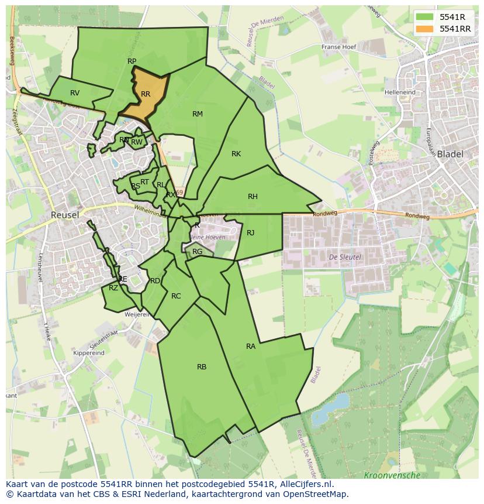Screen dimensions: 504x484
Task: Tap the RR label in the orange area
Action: coord(146,94)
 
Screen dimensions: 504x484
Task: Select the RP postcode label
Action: coord(132,61)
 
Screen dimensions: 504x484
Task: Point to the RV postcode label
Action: coord(75,93)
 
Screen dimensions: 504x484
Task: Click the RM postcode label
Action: coord(198,114)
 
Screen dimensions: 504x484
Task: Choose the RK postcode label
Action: coord(236,154)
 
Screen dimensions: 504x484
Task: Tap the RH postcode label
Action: coord(253,197)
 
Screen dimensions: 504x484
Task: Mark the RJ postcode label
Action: coord(251,233)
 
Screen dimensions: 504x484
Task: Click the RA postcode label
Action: coord(251,347)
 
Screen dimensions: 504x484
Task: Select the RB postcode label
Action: coord(202,367)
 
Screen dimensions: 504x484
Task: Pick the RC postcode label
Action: coord(176,296)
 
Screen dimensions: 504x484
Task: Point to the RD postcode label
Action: coord(155,281)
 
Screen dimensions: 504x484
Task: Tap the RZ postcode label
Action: coord(113,287)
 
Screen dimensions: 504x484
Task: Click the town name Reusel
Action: coord(65,215)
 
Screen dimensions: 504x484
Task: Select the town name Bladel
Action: coord(450,155)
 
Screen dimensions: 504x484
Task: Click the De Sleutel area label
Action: coord(345,257)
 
